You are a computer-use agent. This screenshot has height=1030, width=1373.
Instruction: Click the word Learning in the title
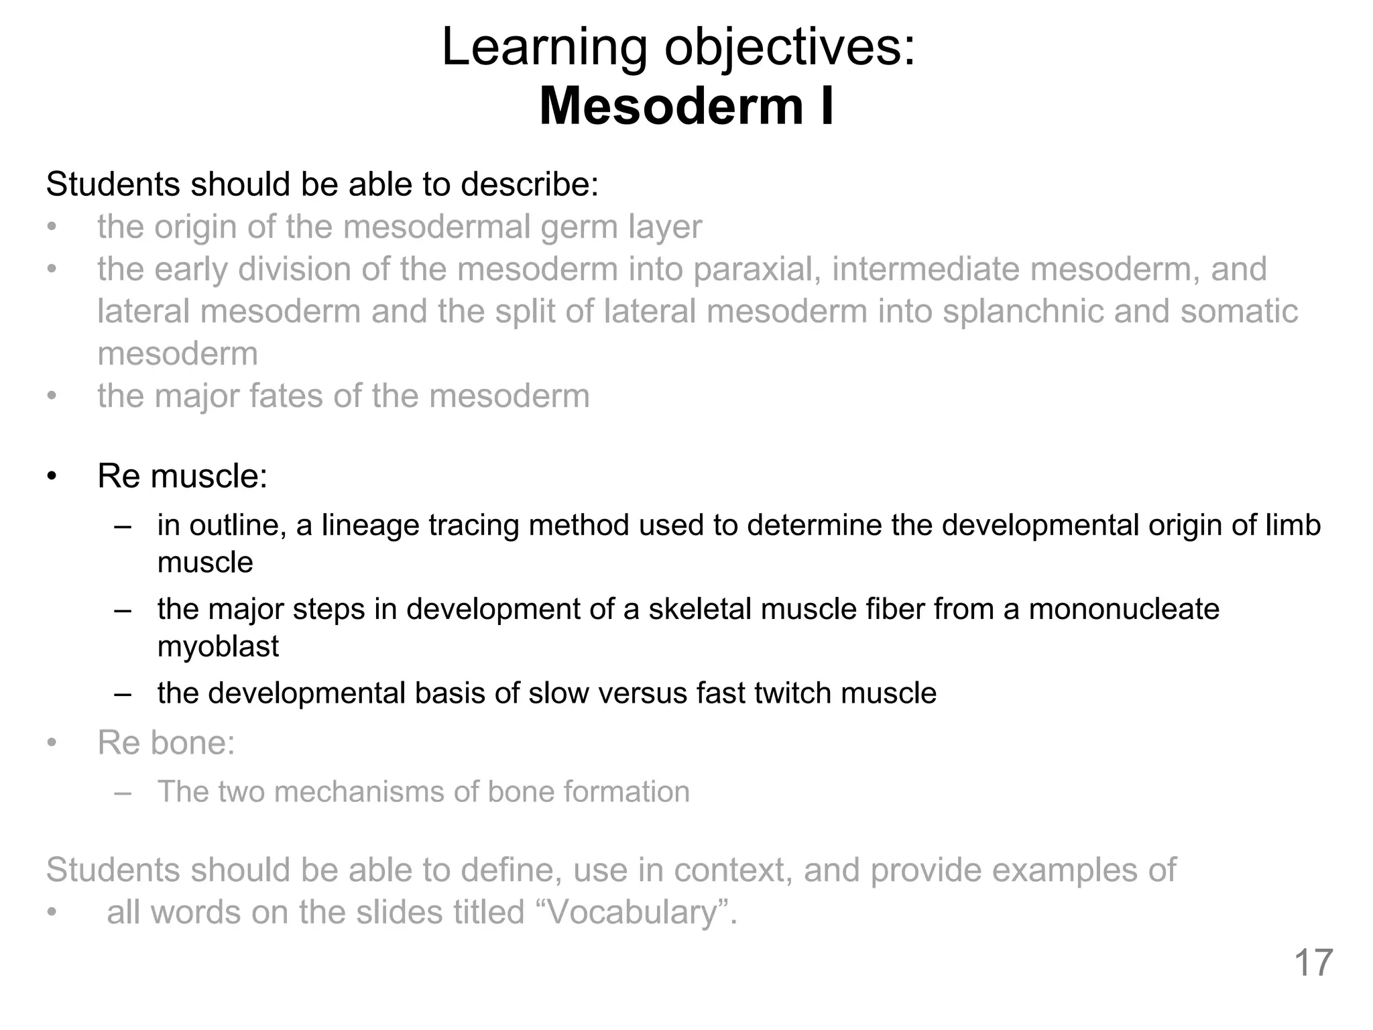point(544,48)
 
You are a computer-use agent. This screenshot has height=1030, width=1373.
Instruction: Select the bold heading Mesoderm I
point(686,106)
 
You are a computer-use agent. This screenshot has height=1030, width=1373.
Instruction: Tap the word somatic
point(1239,311)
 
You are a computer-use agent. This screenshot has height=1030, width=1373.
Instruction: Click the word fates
point(286,396)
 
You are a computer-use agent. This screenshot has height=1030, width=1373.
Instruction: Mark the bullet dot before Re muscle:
point(52,477)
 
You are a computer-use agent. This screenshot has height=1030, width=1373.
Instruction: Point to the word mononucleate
point(1124,609)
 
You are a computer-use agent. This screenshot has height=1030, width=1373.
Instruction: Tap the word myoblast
point(218,646)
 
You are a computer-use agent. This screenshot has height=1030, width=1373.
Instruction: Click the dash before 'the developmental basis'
point(123,693)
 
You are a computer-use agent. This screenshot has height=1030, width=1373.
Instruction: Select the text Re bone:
point(166,742)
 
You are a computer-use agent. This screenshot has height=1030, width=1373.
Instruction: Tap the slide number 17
point(1313,963)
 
